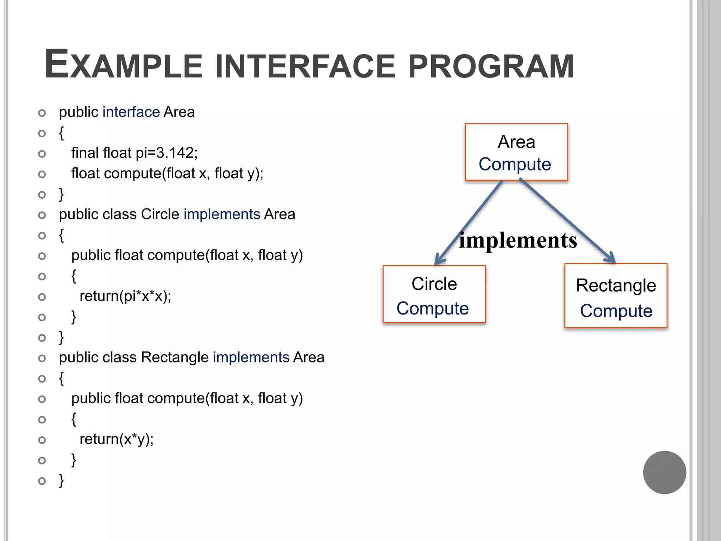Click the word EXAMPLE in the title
(x=123, y=65)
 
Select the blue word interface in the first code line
(x=131, y=112)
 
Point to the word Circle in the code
(x=160, y=214)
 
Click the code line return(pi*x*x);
(x=125, y=296)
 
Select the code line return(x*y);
(x=117, y=439)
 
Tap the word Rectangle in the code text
(x=175, y=357)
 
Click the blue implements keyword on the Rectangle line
(x=251, y=357)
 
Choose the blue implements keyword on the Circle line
(x=222, y=214)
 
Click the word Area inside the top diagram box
(x=516, y=142)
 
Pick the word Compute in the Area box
(x=515, y=164)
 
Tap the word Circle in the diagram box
(x=434, y=284)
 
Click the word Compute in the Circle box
(x=433, y=309)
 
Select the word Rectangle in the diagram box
(x=616, y=285)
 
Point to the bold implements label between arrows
(x=518, y=241)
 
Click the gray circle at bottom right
(x=664, y=472)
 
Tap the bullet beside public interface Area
(x=42, y=113)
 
